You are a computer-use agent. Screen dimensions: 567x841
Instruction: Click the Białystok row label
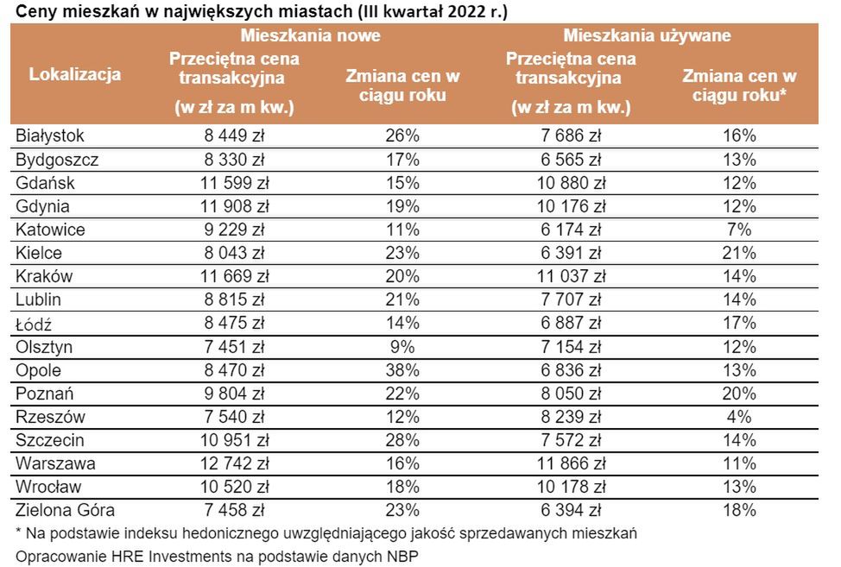50,135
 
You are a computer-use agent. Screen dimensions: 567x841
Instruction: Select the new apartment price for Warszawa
234,463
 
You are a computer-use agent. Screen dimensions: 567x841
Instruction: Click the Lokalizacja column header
75,74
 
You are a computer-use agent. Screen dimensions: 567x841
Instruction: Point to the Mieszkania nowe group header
311,36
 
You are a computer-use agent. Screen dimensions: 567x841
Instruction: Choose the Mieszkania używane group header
647,36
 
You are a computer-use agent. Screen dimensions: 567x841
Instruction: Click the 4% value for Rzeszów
740,417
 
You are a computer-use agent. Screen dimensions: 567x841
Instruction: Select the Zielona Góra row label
65,510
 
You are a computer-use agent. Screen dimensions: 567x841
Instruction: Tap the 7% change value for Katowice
740,230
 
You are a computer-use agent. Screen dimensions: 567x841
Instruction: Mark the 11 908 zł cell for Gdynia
234,206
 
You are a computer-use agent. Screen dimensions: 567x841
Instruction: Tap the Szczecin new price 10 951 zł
234,440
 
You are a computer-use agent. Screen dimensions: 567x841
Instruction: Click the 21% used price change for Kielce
740,253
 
